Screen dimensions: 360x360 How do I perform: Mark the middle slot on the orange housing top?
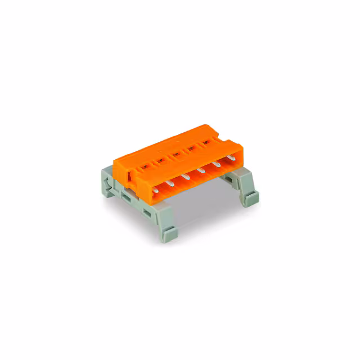click(x=175, y=154)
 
